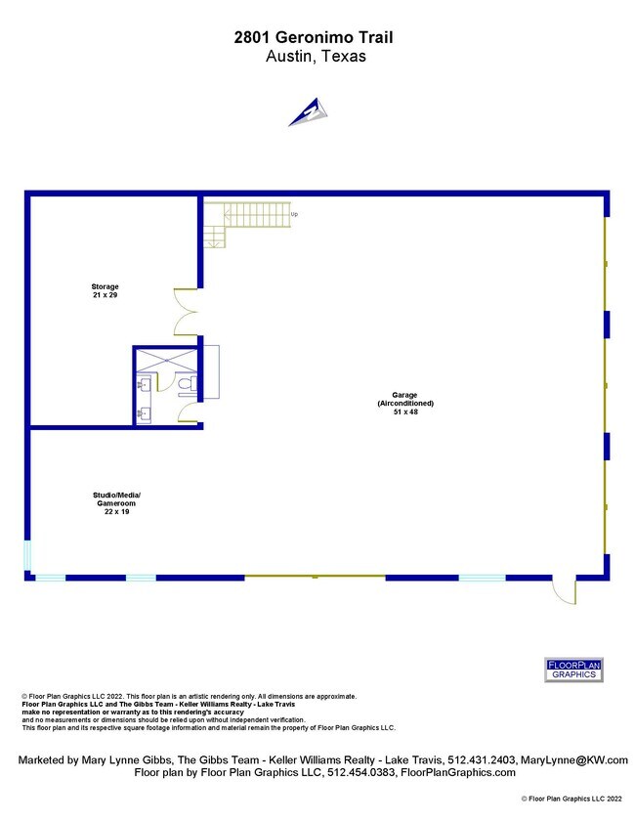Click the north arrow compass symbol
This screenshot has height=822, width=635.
pyautogui.click(x=310, y=112)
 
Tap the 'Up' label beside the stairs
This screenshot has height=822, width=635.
pyautogui.click(x=294, y=214)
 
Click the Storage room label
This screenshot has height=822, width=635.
pyautogui.click(x=105, y=286)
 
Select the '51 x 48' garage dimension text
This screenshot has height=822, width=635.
pyautogui.click(x=405, y=412)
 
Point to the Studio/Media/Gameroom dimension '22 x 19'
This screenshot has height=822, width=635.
pyautogui.click(x=117, y=511)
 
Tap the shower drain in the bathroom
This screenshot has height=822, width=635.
pyautogui.click(x=167, y=360)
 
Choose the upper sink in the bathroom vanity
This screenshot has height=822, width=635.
pyautogui.click(x=144, y=385)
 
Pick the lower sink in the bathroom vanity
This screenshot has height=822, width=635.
pyautogui.click(x=144, y=414)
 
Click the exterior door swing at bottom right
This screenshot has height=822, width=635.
pyautogui.click(x=566, y=591)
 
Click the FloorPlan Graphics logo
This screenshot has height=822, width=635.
pyautogui.click(x=573, y=670)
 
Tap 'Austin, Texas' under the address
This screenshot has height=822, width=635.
pyautogui.click(x=316, y=56)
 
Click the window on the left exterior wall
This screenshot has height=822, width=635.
pyautogui.click(x=27, y=556)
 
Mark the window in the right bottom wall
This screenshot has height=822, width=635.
pyautogui.click(x=482, y=578)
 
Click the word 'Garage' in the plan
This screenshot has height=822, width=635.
pyautogui.click(x=405, y=395)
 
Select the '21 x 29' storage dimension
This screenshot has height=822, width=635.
pyautogui.click(x=105, y=295)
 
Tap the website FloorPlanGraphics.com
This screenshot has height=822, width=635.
pyautogui.click(x=458, y=773)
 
